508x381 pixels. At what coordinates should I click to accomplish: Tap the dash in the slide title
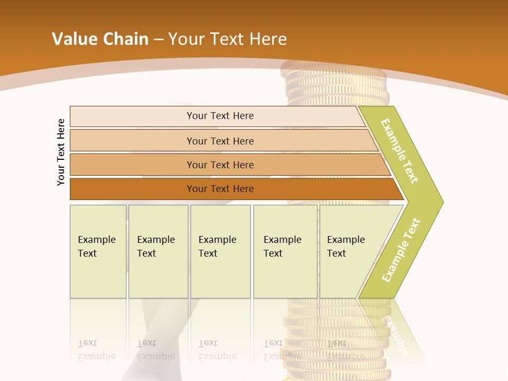coord(158,40)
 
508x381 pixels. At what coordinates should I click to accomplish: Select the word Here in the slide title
coord(268,39)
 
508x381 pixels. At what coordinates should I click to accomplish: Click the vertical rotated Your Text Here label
coord(61,152)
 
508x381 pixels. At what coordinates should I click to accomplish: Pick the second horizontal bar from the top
coord(220,141)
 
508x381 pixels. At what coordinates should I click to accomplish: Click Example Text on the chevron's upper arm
coord(400,151)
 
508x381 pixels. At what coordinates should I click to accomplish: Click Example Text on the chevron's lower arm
coord(401,250)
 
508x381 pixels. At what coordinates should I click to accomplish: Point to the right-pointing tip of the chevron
coord(440,202)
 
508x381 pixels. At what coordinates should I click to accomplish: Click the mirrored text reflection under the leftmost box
coord(96,350)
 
